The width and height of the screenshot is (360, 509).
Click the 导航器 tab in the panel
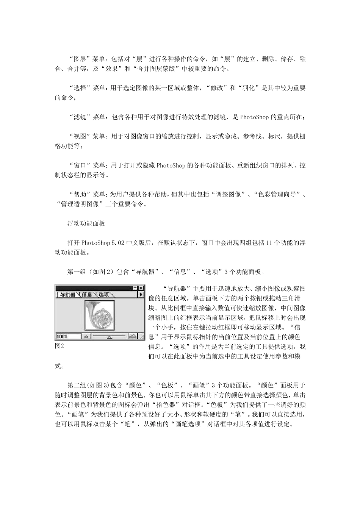point(67,294)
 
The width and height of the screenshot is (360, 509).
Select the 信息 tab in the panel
point(87,294)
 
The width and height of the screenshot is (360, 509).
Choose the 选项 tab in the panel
point(104,294)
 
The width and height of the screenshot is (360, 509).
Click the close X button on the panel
point(141,288)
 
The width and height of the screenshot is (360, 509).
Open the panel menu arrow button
point(141,294)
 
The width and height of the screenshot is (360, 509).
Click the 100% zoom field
point(68,336)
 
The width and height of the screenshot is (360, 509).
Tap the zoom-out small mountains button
point(86,336)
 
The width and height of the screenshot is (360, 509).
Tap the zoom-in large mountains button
point(133,336)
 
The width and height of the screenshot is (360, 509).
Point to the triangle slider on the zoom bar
point(109,336)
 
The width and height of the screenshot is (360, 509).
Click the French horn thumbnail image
point(100,314)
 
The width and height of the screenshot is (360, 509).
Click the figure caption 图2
point(59,346)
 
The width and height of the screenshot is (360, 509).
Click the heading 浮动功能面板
point(86,223)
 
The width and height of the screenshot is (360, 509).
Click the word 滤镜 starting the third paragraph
point(80,117)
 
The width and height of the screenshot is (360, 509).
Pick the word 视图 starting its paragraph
point(80,136)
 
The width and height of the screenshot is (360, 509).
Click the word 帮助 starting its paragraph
point(80,194)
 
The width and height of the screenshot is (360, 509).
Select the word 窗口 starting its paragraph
point(80,166)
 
